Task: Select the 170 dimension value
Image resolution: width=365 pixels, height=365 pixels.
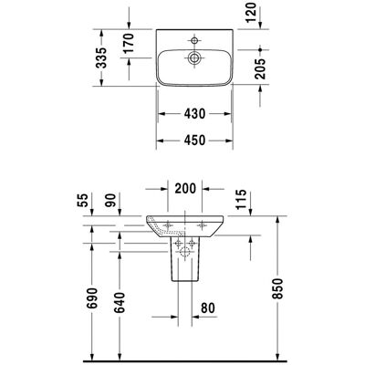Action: point(129,43)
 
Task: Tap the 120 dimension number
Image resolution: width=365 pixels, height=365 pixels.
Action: point(251,12)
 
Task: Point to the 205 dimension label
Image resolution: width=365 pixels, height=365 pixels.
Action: point(260,68)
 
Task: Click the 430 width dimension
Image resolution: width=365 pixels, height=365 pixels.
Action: point(194,114)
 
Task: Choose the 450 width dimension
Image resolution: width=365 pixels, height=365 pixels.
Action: point(194,141)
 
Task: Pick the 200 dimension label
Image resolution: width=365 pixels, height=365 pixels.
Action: point(185,189)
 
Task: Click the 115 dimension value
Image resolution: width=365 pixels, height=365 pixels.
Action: point(241,200)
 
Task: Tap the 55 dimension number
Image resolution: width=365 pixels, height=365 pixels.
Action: point(83,200)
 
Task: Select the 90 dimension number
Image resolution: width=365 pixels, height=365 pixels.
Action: point(110,200)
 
